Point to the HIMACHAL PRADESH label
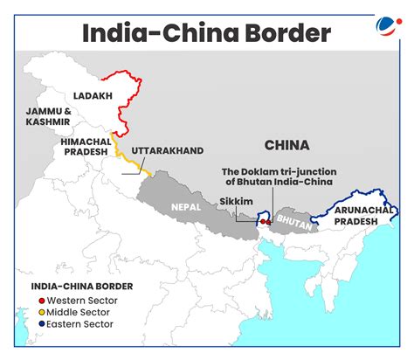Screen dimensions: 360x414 (x=85, y=147)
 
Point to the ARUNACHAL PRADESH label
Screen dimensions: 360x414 (x=359, y=216)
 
